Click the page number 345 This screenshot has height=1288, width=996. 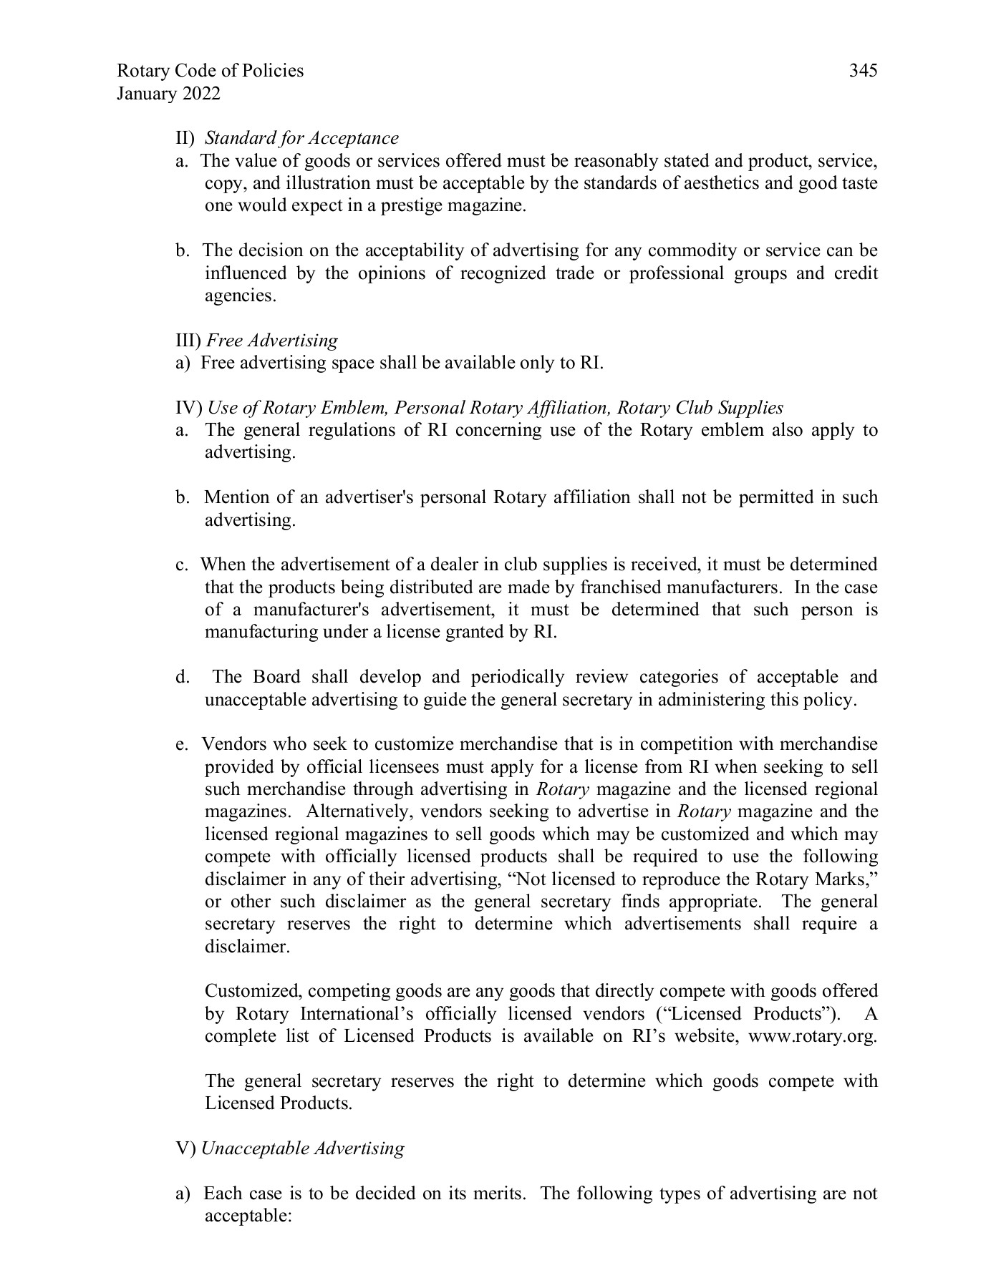coord(863,71)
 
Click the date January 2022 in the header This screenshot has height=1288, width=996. coord(168,94)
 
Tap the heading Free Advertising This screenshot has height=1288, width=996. coord(272,341)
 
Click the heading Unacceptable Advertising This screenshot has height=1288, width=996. coord(302,1148)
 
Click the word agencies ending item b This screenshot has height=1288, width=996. coord(240,296)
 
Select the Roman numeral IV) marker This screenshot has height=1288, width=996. coord(189,408)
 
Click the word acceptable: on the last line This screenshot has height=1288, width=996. coord(247,1216)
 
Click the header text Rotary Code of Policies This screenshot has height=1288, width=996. coord(210,71)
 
